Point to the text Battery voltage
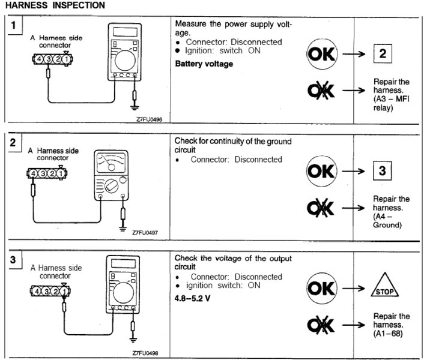coord(204,64)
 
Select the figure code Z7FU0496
coord(149,120)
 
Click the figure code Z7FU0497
coord(149,236)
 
